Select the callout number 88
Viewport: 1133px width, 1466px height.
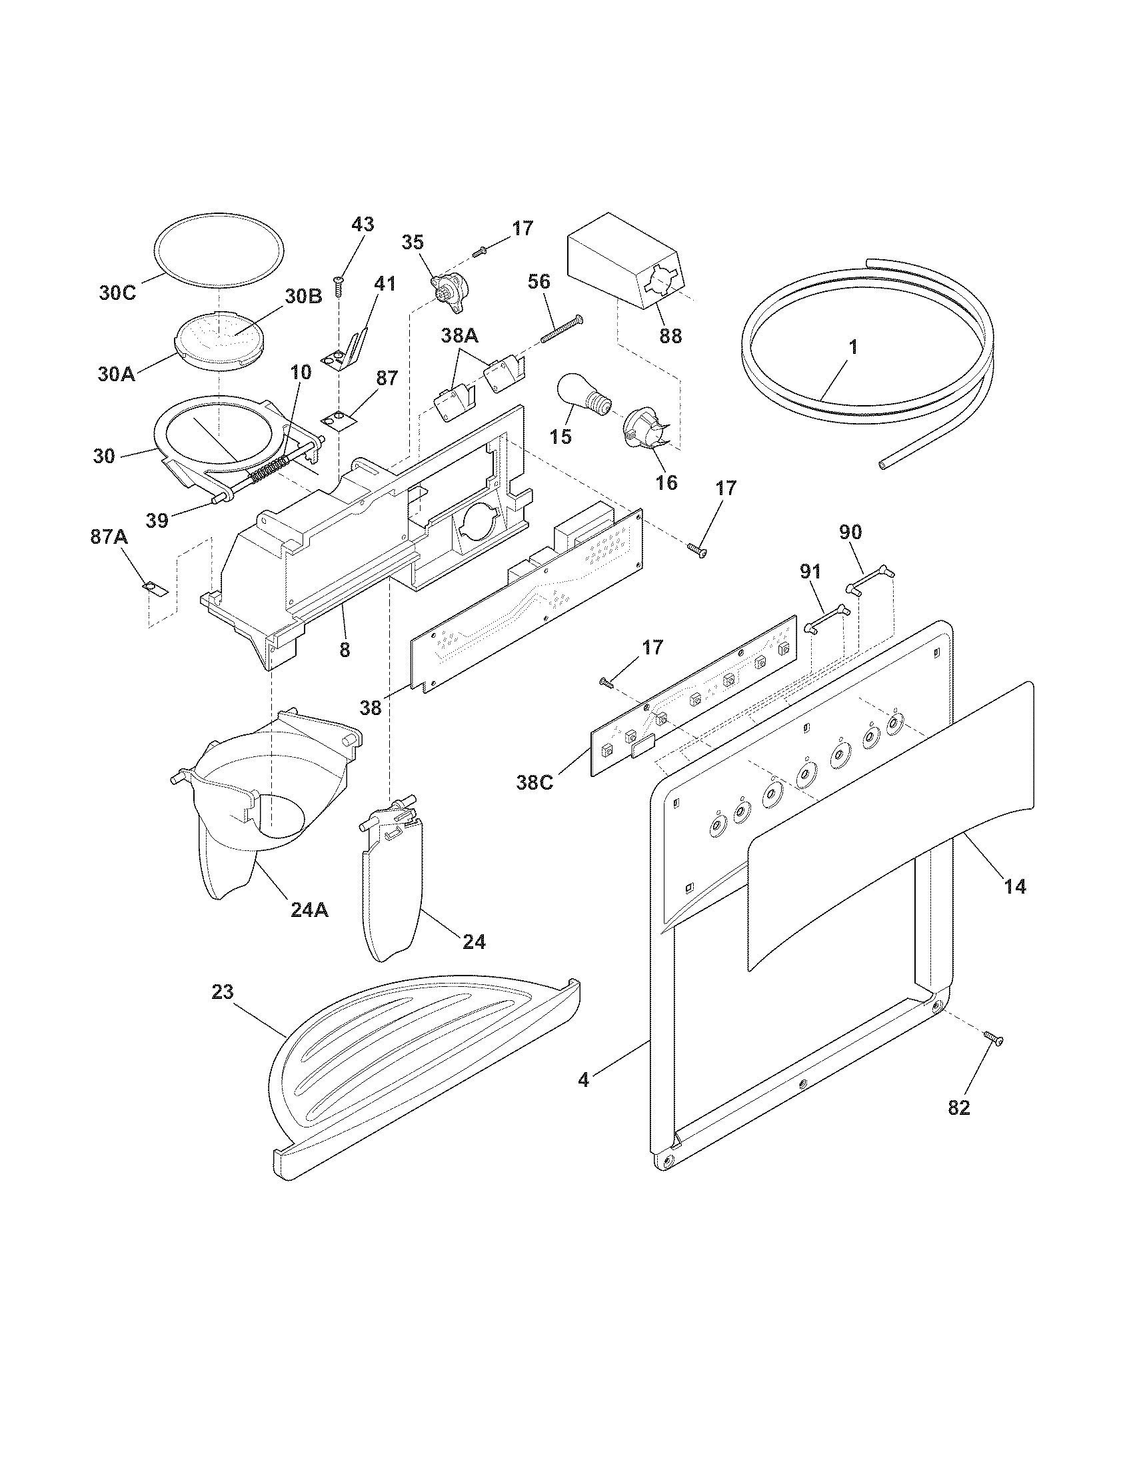(x=670, y=336)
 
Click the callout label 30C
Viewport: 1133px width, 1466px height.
(x=117, y=293)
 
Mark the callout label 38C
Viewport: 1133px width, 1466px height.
(x=535, y=782)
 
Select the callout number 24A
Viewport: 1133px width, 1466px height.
(x=309, y=910)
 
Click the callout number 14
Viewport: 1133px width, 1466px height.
(x=1015, y=887)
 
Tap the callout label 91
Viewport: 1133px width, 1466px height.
(x=811, y=572)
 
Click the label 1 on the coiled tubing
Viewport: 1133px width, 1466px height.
(x=853, y=348)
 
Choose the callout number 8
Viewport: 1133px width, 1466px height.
(x=345, y=650)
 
